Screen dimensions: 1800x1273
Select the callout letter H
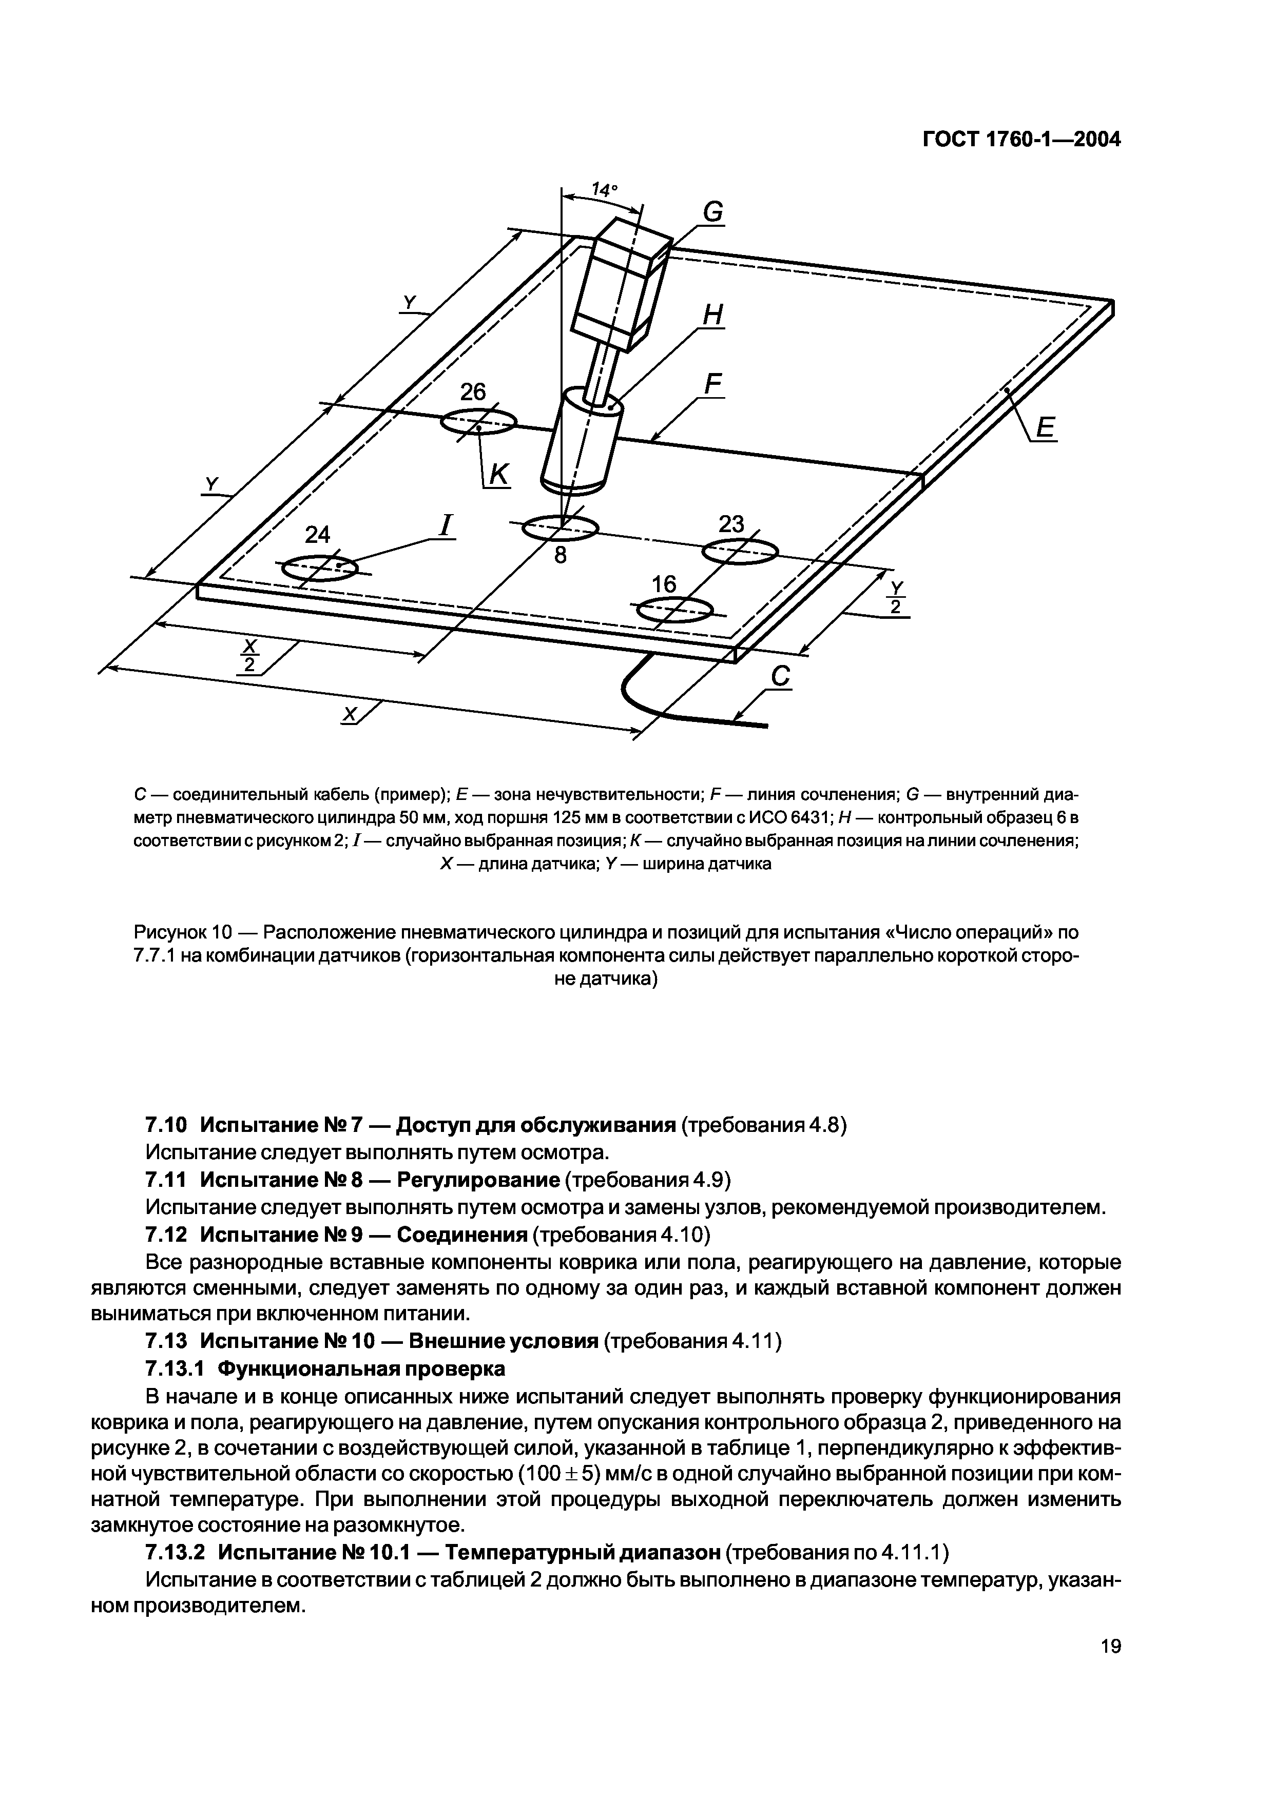pos(711,315)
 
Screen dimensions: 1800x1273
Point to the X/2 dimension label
pos(249,655)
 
